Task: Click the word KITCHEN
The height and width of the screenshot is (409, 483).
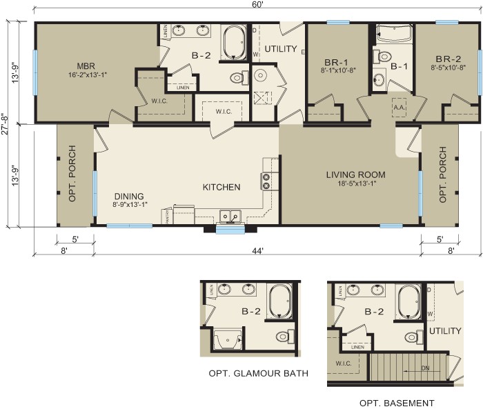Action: click(221, 187)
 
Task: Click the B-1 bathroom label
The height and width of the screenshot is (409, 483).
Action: click(399, 67)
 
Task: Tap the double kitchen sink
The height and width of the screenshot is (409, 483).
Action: click(229, 217)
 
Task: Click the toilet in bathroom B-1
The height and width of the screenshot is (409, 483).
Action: click(384, 57)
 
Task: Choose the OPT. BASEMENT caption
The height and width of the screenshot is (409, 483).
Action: click(397, 403)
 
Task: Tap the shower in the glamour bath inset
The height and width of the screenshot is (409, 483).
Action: click(228, 339)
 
